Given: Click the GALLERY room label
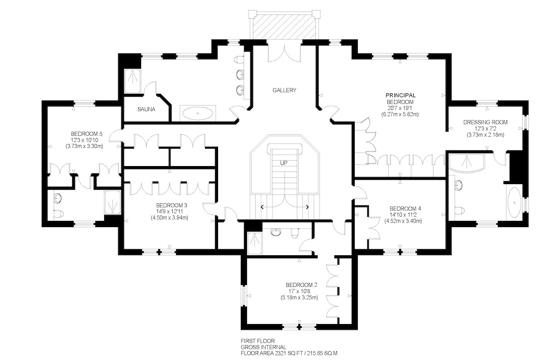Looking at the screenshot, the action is (284, 90).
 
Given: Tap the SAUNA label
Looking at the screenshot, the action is (146, 109).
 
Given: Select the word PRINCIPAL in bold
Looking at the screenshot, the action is (400, 95).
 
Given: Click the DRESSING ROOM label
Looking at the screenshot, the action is (485, 122).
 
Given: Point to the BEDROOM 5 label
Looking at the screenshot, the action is (86, 134).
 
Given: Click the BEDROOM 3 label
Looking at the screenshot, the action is (171, 205).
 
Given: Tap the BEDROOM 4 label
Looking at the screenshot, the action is (405, 209).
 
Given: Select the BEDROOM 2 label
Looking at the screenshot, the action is (301, 285).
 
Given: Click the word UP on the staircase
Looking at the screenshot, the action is (284, 163).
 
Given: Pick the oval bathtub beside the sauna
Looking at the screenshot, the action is (198, 113).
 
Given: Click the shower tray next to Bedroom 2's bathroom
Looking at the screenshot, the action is (254, 243).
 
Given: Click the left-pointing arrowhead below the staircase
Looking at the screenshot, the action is (262, 207).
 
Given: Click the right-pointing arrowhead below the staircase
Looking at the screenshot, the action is (307, 207).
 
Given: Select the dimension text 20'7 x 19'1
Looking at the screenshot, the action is (400, 108).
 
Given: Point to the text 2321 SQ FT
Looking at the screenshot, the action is (289, 353).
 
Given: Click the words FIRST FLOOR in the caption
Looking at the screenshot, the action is (257, 341).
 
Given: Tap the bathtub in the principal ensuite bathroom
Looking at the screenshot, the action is (514, 202).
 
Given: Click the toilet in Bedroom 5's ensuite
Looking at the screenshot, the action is (58, 214).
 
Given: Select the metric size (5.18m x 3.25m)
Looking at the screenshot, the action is (300, 297).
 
